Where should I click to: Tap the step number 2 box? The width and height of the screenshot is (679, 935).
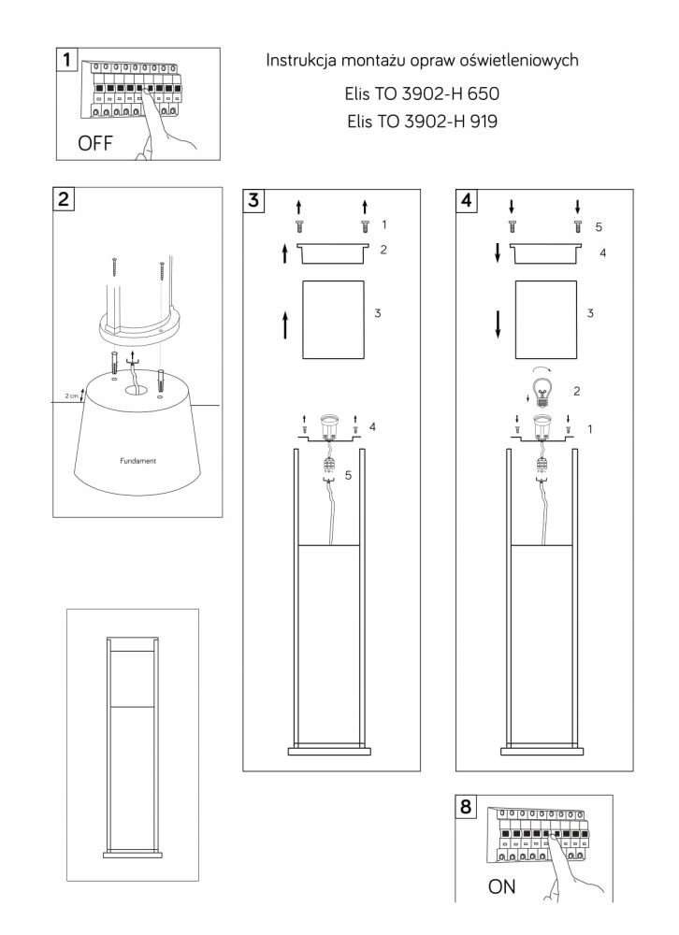coord(64,198)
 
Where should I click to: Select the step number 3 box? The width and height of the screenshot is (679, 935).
coord(254,199)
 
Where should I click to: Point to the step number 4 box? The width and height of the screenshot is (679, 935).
coord(468,199)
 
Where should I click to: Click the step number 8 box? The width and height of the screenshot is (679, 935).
coord(468,806)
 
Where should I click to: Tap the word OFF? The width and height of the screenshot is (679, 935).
coord(95,144)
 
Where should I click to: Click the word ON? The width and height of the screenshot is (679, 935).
coord(502,886)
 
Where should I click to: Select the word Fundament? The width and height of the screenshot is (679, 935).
coord(137,462)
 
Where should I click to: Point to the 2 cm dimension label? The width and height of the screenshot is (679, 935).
coord(72,396)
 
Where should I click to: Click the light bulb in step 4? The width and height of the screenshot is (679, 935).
coord(542,389)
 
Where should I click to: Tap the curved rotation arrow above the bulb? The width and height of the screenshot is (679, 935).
coord(542,367)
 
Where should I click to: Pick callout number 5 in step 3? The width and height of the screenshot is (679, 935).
coord(348,476)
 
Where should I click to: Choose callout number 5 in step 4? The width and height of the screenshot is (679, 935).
coord(599,226)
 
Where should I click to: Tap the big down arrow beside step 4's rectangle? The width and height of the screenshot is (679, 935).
coord(498,323)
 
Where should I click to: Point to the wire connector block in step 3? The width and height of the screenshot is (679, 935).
coord(328,467)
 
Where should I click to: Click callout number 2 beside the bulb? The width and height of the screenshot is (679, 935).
coord(576,391)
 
